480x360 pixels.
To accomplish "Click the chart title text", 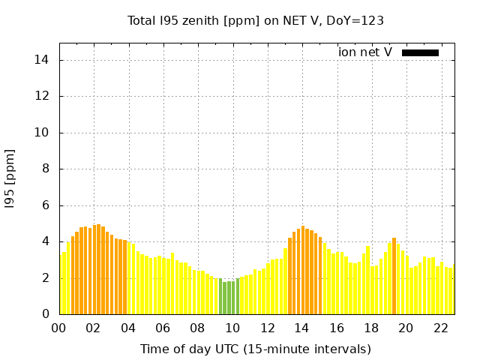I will click(256, 21).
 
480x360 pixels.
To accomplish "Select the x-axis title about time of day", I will click(256, 349).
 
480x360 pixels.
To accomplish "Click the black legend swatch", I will click(420, 52).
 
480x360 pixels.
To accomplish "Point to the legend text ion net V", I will click(365, 52).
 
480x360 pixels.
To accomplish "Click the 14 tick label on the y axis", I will click(43, 60).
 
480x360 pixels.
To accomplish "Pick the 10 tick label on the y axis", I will click(43, 133).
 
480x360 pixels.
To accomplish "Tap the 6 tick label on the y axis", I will click(46, 205).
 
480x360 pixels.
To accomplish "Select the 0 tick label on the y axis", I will click(46, 314).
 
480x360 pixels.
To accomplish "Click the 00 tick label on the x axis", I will click(58, 328).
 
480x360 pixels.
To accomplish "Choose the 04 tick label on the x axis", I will click(128, 328).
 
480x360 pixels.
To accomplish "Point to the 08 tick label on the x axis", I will click(197, 328).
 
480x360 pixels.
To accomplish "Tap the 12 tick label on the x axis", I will click(267, 328).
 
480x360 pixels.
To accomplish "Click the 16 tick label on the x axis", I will click(336, 328).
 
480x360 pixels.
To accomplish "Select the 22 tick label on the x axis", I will click(440, 328).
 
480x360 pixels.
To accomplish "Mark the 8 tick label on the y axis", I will click(46, 169).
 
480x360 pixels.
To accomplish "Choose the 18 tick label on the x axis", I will click(371, 328).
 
